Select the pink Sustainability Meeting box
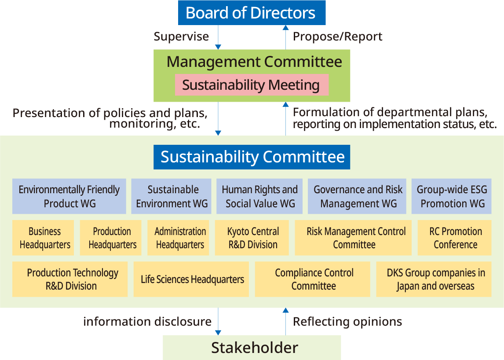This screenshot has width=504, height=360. [x=252, y=85]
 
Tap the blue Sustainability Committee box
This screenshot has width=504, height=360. [x=252, y=157]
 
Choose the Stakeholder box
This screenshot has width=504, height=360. [x=252, y=348]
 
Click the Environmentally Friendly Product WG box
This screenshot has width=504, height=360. [x=69, y=196]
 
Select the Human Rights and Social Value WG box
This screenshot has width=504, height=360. [x=259, y=196]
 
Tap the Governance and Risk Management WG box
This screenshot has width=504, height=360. [x=357, y=196]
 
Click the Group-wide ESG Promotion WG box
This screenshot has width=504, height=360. [x=452, y=196]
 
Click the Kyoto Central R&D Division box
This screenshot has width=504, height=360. [x=252, y=238]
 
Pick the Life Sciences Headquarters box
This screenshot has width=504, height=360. [x=191, y=279]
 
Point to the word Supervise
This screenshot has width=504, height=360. [x=181, y=37]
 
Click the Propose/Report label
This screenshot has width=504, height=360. [x=338, y=37]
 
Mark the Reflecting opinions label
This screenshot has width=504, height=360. [x=347, y=322]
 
